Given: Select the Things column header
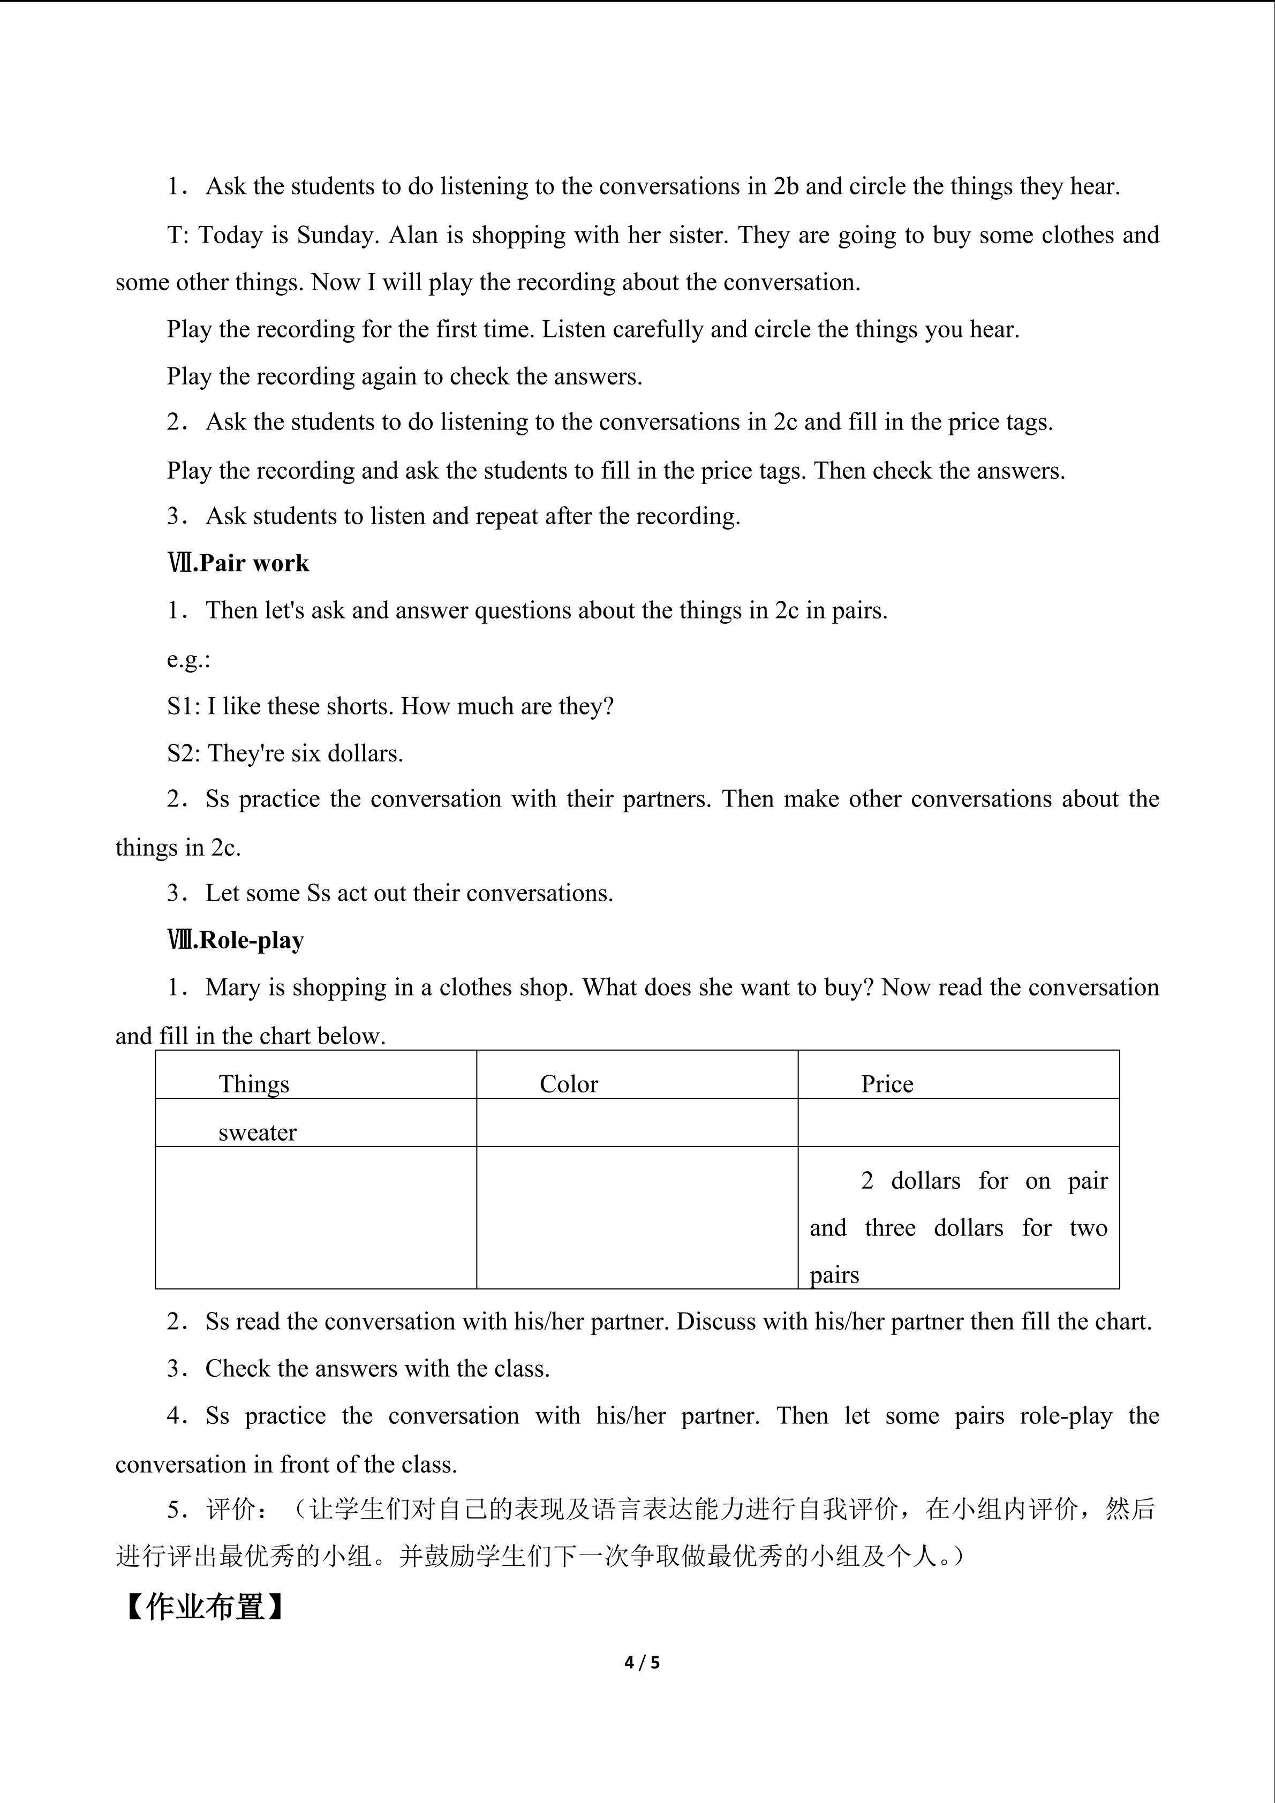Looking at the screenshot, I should [254, 1084].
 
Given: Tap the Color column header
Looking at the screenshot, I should [568, 1084].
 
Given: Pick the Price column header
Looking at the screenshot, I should [887, 1084].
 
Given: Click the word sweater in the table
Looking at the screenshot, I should [258, 1133].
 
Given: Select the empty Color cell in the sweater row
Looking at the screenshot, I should [637, 1122].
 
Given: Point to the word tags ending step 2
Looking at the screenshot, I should [1029, 423].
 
